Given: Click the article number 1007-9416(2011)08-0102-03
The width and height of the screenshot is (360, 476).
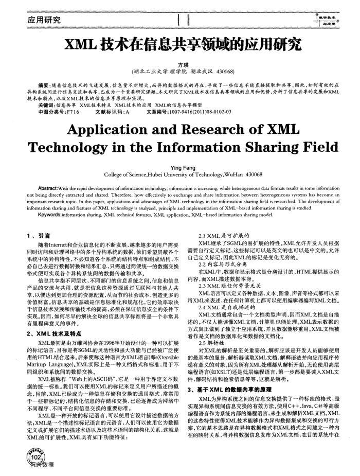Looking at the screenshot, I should (207, 111).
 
